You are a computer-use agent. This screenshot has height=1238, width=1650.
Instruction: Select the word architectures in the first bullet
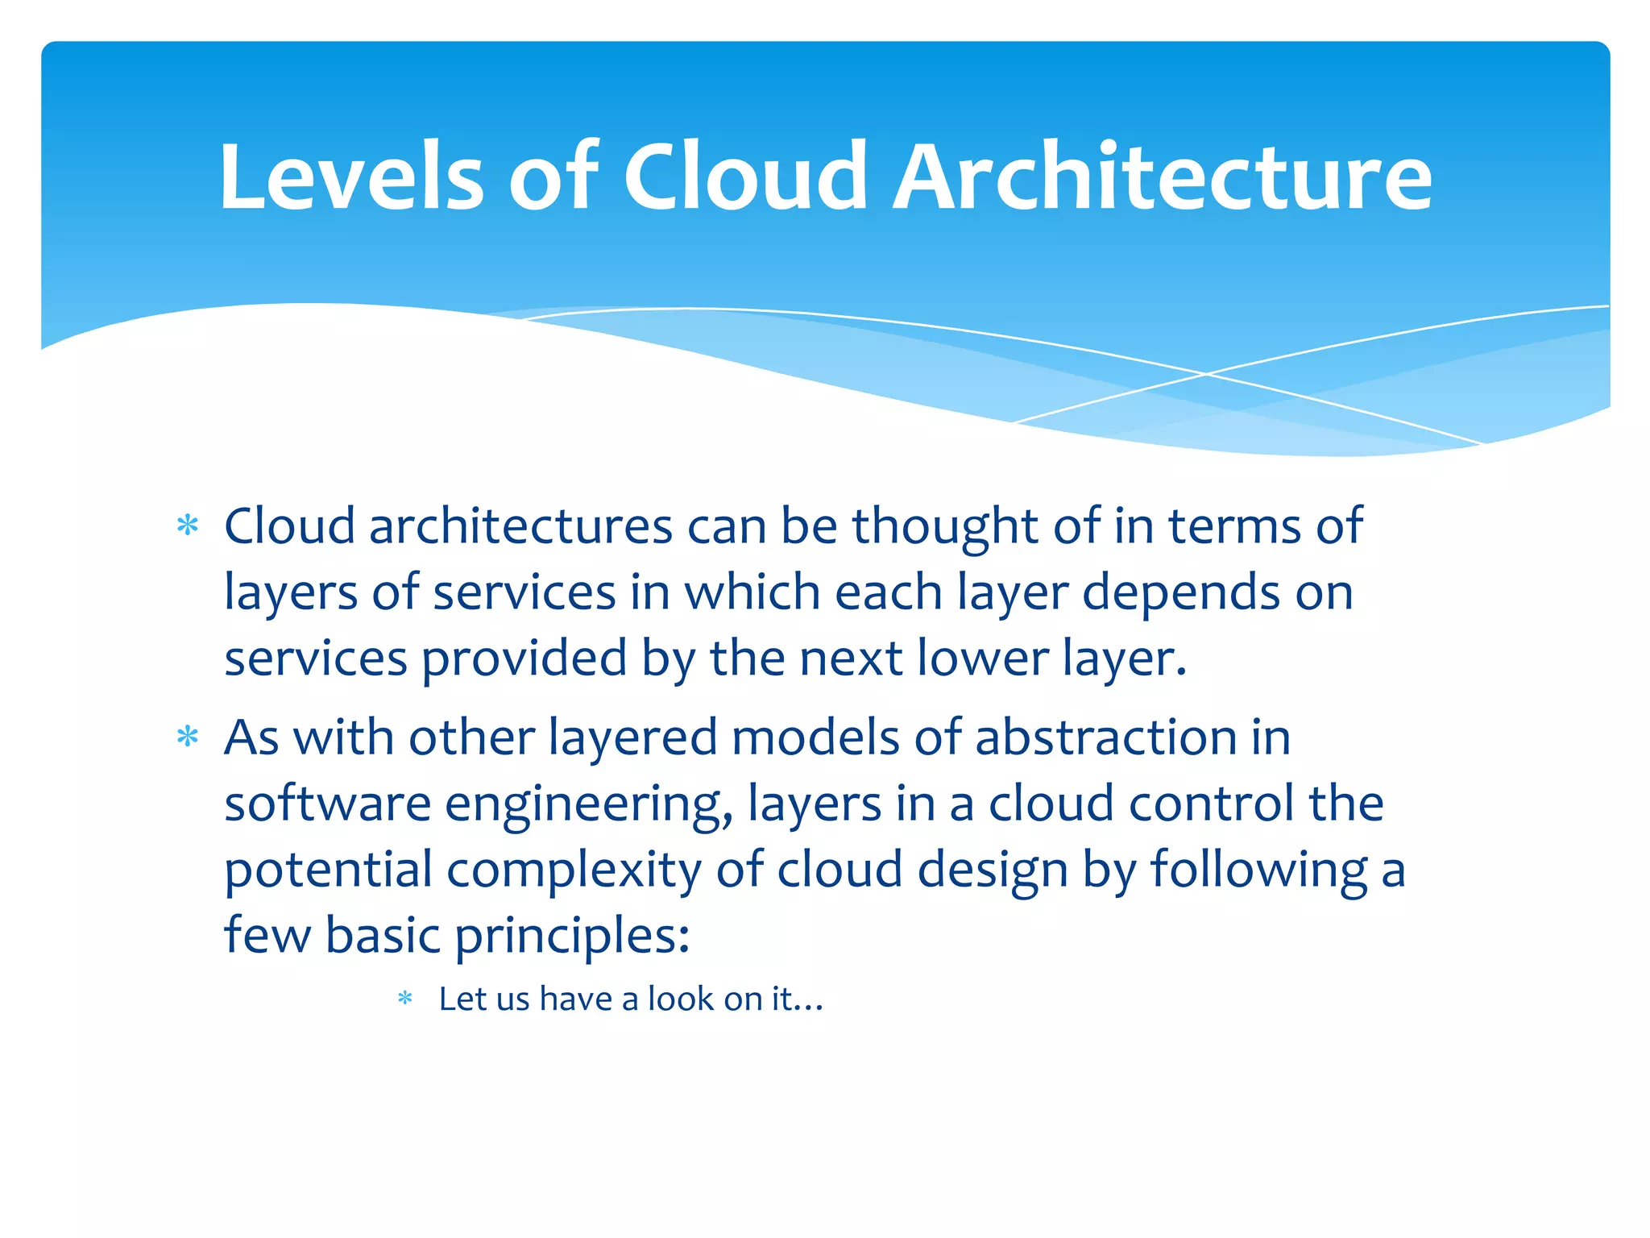(520, 528)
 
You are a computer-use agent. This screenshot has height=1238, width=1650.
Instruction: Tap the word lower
(982, 660)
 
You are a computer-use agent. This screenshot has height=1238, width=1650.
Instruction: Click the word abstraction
(1106, 738)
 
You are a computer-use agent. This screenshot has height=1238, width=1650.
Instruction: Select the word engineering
(589, 806)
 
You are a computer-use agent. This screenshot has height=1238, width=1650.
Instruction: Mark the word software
(327, 804)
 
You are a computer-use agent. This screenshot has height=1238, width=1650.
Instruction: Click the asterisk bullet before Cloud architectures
(188, 526)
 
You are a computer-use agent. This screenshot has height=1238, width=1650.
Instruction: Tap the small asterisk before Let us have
(405, 999)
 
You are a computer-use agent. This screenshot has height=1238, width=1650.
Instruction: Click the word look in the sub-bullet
(681, 999)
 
